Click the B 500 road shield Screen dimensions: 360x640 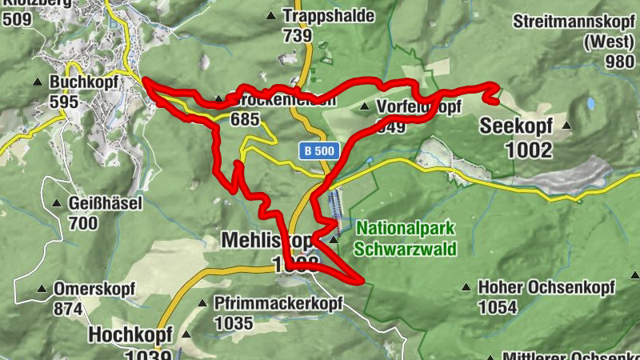(x=321, y=150)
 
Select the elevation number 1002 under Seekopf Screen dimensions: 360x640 (x=529, y=149)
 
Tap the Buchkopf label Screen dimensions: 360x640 (x=83, y=82)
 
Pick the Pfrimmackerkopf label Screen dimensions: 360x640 (x=278, y=303)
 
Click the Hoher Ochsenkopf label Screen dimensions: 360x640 (x=546, y=286)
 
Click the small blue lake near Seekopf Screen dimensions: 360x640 (x=591, y=103)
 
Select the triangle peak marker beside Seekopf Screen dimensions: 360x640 (x=567, y=126)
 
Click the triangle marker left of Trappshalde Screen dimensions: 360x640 (x=270, y=15)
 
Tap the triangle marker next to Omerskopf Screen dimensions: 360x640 (x=42, y=289)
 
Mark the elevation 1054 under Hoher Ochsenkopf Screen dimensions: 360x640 (x=498, y=307)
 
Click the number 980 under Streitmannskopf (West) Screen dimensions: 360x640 (x=619, y=62)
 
